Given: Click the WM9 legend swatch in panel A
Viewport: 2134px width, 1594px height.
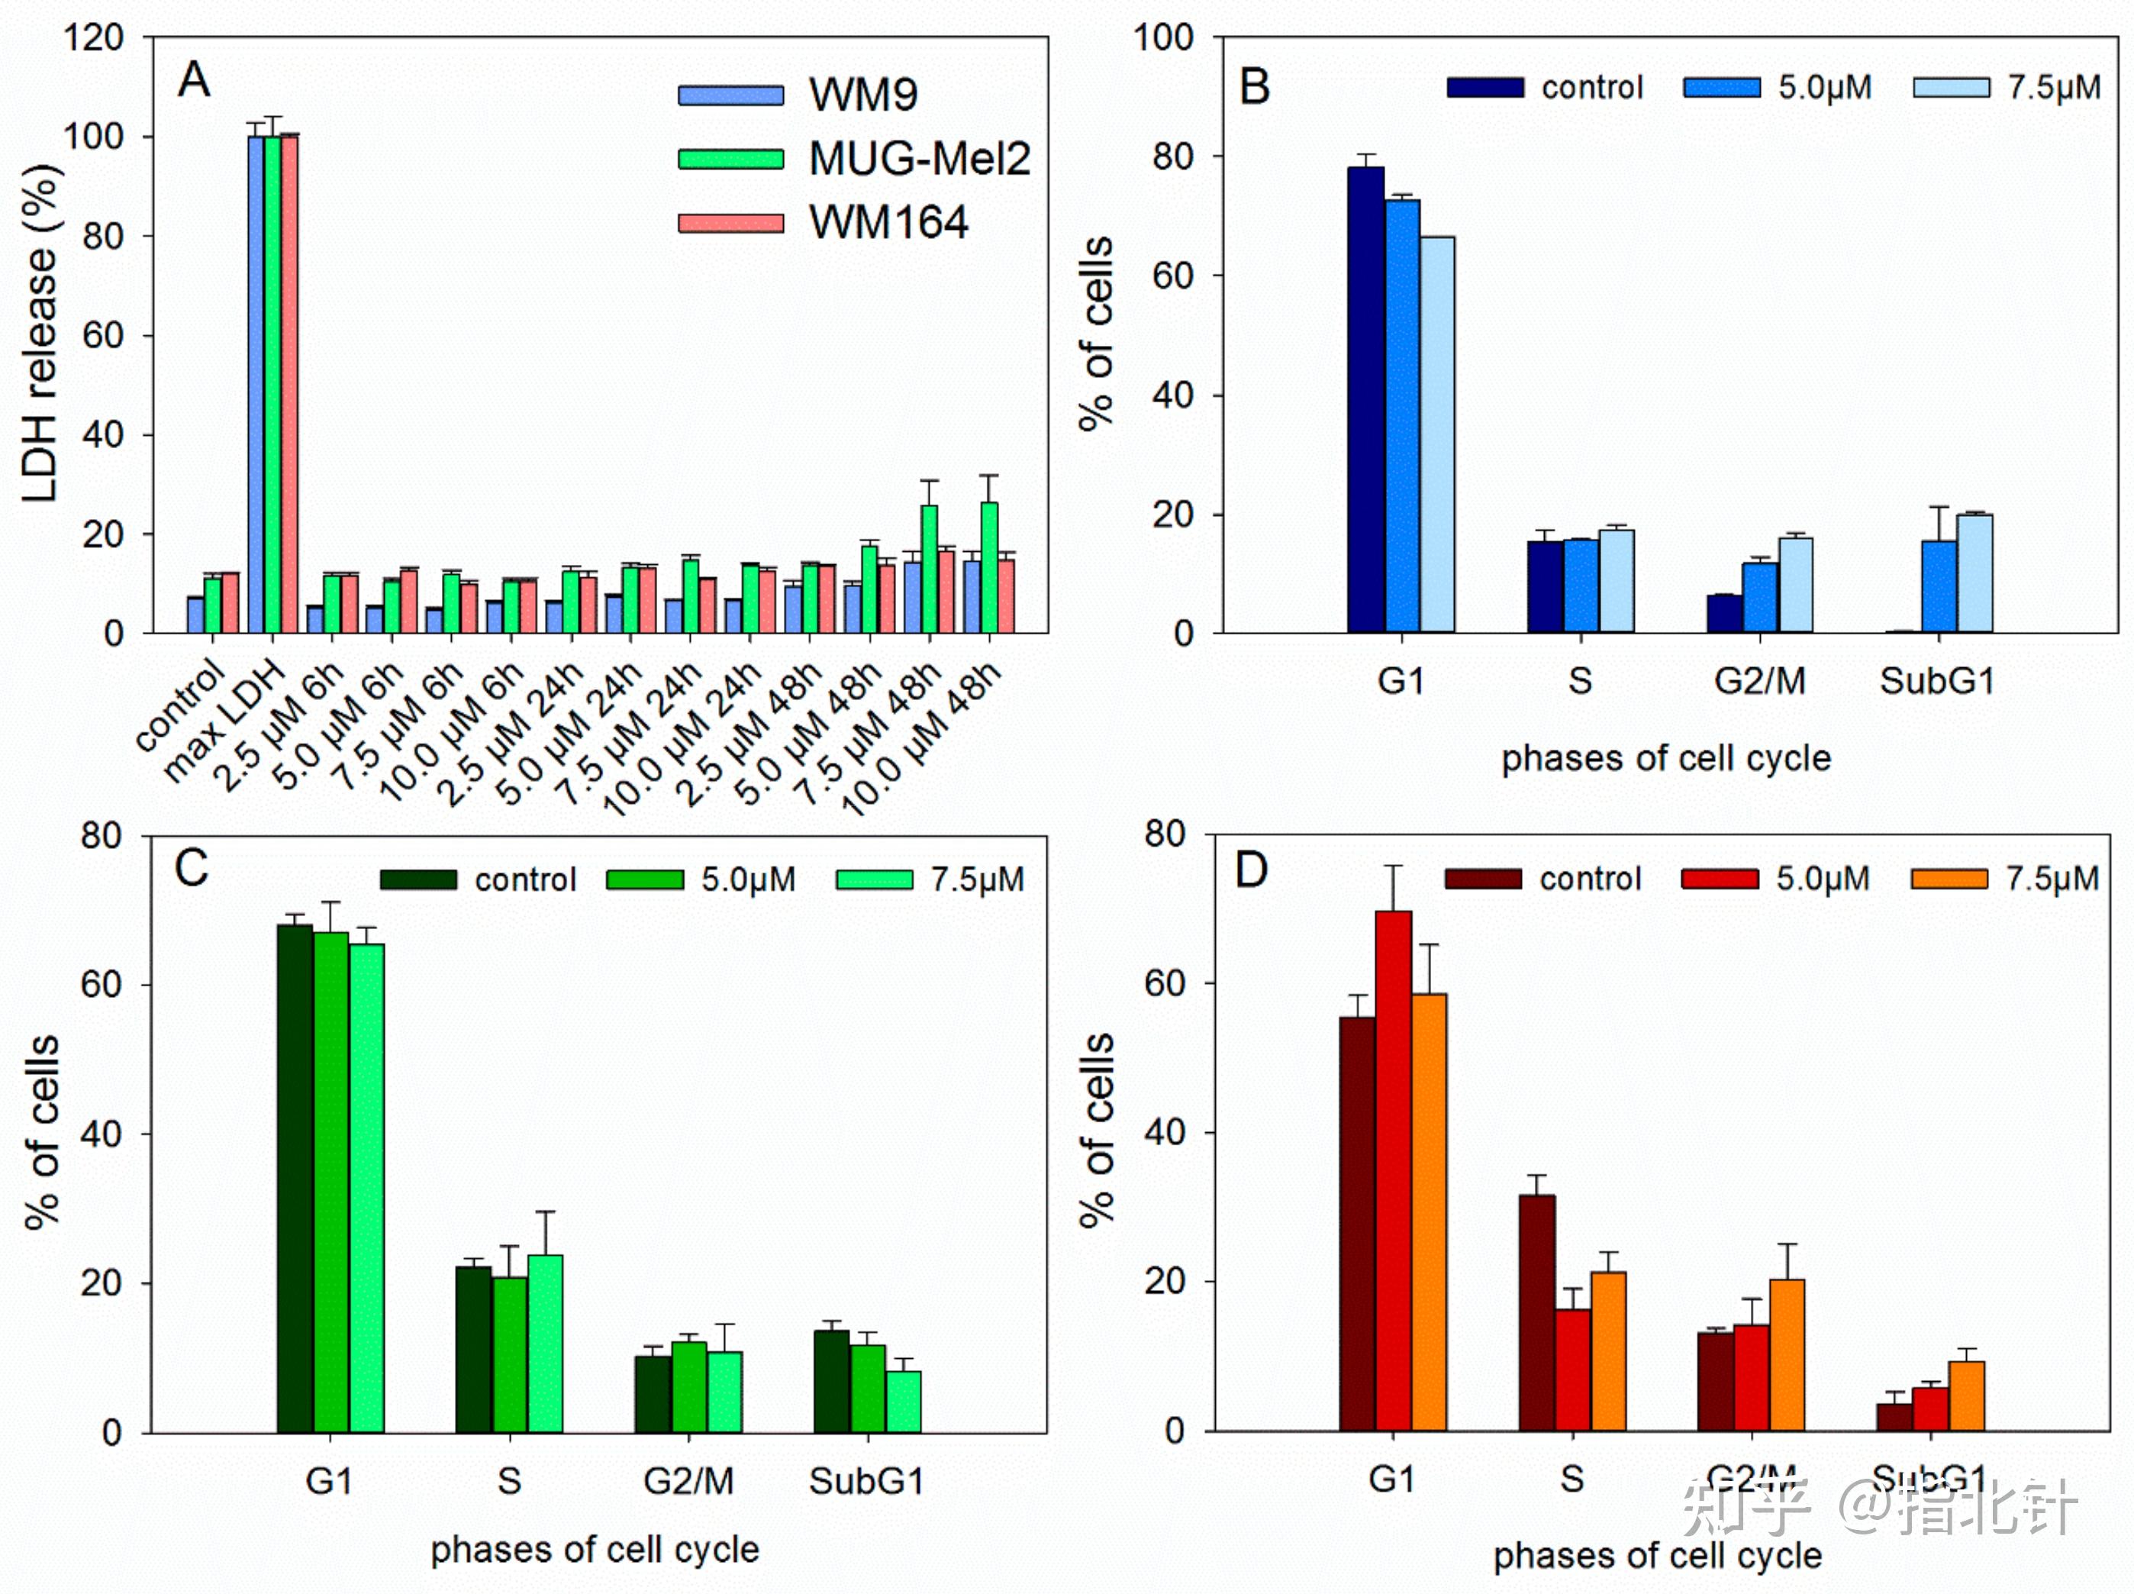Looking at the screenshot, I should click(x=730, y=95).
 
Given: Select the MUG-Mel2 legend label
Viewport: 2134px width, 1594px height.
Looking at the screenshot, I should click(x=920, y=158).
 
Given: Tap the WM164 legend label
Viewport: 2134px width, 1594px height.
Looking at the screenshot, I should click(x=888, y=223).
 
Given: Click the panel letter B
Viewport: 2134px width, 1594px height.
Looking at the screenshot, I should click(x=1254, y=87).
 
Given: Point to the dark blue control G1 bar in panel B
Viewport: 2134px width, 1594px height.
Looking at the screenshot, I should click(x=1365, y=401).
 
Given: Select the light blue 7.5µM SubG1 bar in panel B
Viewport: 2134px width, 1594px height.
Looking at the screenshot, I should click(x=1974, y=574).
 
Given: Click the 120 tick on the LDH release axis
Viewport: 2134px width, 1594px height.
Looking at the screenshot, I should click(x=94, y=39).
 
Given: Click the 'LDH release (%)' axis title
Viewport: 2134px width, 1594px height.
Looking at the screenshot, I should click(x=40, y=333).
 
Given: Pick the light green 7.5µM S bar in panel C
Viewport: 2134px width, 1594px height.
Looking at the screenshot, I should click(x=545, y=1344).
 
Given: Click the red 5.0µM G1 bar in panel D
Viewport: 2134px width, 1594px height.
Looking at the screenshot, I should click(x=1393, y=1170).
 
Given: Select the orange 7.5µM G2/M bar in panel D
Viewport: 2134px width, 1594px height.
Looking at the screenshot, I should click(x=1787, y=1355).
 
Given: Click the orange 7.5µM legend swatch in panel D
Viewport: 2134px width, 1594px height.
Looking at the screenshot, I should click(x=1949, y=879).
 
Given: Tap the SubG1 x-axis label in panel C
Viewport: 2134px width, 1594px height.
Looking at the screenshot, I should click(x=866, y=1481).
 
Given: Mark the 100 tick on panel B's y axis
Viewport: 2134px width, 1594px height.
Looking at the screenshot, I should click(x=1162, y=39).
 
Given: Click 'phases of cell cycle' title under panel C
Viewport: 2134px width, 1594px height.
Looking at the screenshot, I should click(x=595, y=1550).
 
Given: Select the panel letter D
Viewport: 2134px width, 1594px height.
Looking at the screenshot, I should click(x=1251, y=870).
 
